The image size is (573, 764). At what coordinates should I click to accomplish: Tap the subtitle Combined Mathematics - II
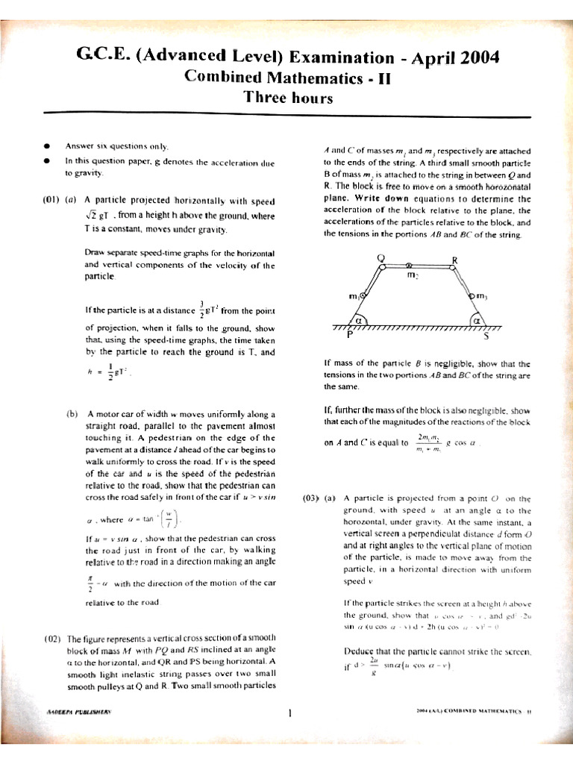pyautogui.click(x=287, y=78)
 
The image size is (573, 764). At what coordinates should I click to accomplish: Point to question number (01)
pyautogui.click(x=51, y=200)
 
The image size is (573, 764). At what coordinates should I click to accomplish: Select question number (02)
pyautogui.click(x=51, y=639)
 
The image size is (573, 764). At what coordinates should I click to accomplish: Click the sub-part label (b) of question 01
pyautogui.click(x=72, y=414)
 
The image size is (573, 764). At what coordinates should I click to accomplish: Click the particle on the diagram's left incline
pyautogui.click(x=363, y=298)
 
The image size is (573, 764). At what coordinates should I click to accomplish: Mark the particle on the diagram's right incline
pyautogui.click(x=472, y=298)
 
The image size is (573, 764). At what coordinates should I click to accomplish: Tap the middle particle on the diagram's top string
pyautogui.click(x=409, y=266)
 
